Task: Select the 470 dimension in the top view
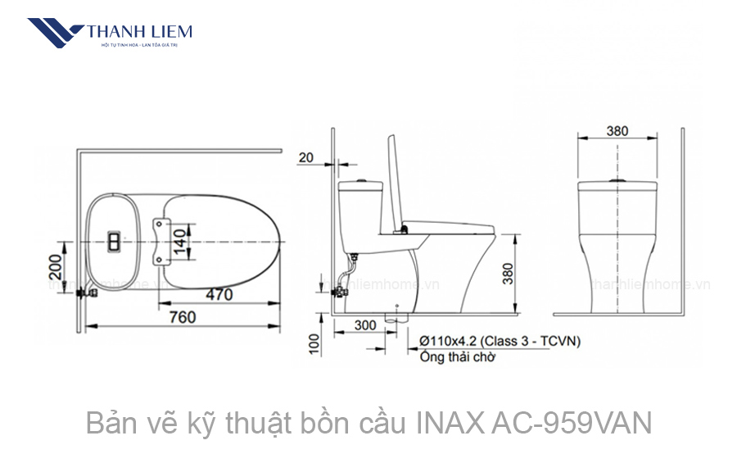[x=218, y=294]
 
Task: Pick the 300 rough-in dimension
[x=365, y=325]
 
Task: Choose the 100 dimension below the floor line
[x=314, y=343]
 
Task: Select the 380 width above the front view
[x=618, y=131]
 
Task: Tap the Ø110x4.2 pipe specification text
[x=500, y=340]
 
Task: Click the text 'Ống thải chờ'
[x=457, y=357]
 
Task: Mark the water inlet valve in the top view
[x=83, y=291]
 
